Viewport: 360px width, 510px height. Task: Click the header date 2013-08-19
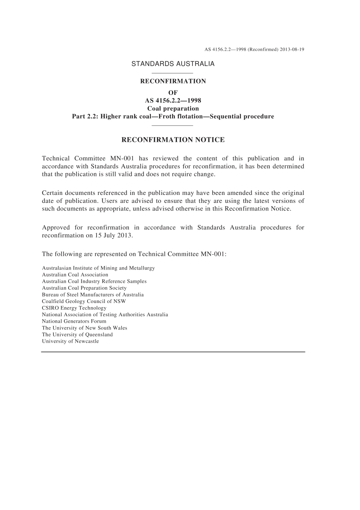292,50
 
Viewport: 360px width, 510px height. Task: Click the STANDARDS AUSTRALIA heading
173,64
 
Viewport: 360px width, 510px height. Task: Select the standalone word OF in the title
173,93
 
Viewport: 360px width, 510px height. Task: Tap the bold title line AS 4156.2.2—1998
173,100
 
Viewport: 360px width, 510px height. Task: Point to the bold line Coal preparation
173,108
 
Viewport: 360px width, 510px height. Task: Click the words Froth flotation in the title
181,116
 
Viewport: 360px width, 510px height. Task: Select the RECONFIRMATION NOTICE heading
173,140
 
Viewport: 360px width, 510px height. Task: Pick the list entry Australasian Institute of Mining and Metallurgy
98,268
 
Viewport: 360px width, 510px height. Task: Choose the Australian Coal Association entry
75,275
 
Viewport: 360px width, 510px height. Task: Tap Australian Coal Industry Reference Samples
94,281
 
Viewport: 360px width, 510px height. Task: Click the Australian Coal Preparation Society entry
84,288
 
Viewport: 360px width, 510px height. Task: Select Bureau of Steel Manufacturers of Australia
93,295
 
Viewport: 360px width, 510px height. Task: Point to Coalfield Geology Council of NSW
84,301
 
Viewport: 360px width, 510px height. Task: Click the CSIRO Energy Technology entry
74,308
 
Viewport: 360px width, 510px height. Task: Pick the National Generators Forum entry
74,321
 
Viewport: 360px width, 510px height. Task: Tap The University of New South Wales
85,328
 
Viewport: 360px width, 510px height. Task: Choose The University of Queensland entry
77,334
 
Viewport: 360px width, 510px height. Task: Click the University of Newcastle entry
70,341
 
